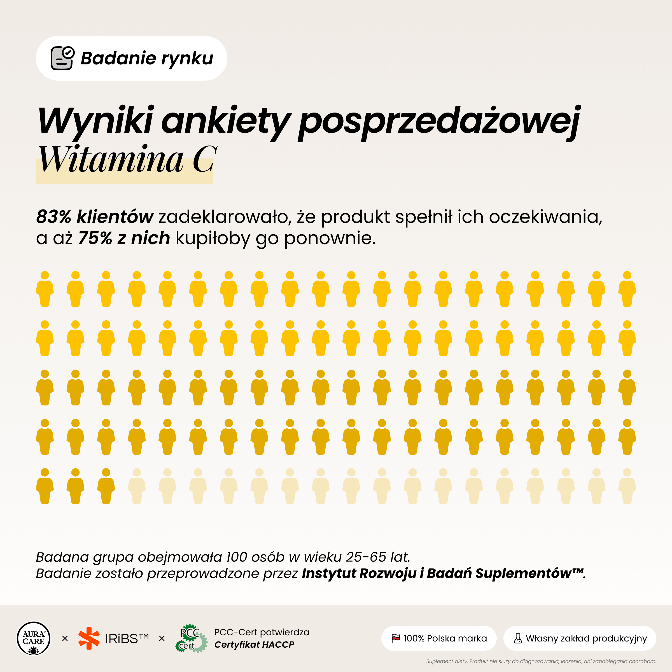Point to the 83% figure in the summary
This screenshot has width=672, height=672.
pyautogui.click(x=53, y=216)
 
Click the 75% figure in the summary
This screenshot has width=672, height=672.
pyautogui.click(x=95, y=238)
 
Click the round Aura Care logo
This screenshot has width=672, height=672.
pyautogui.click(x=34, y=638)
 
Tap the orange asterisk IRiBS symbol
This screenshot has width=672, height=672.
pyautogui.click(x=89, y=638)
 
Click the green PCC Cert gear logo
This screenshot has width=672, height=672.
pyautogui.click(x=191, y=638)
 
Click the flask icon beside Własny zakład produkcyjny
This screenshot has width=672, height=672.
pyautogui.click(x=518, y=638)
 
